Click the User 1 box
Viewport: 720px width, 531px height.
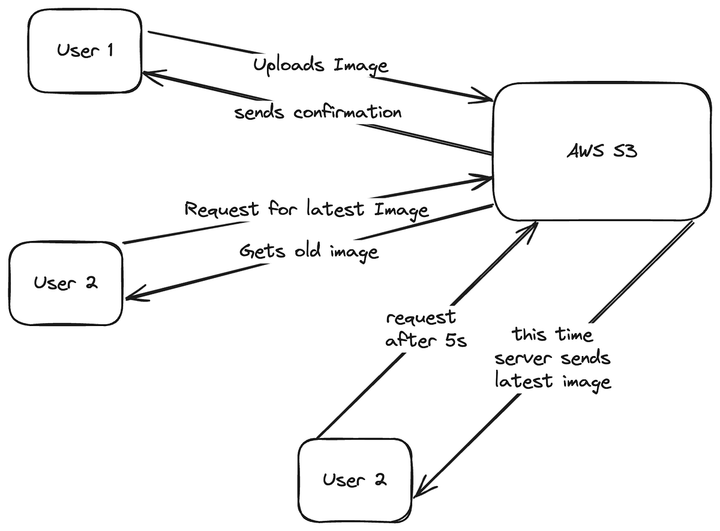(x=85, y=51)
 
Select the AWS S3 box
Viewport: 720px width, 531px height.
(x=601, y=152)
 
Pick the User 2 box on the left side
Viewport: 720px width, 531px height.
(x=65, y=283)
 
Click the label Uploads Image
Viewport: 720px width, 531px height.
(x=320, y=65)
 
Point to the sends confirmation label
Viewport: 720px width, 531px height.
(x=317, y=112)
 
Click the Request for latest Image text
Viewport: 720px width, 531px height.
(x=306, y=209)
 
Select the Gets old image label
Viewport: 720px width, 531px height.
(x=308, y=251)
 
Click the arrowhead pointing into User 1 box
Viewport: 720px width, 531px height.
(x=148, y=74)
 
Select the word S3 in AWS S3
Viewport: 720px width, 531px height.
(x=623, y=152)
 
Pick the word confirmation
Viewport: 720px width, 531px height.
(x=347, y=112)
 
